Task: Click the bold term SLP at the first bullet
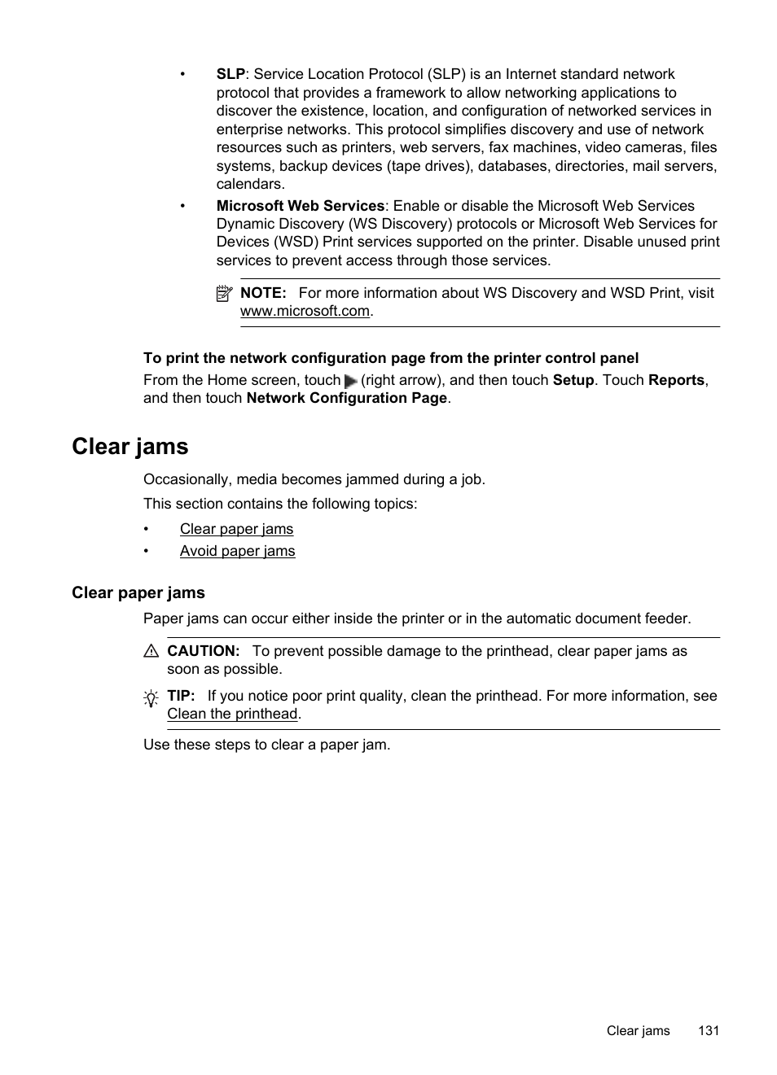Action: tap(230, 74)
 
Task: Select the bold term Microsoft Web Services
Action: tap(300, 206)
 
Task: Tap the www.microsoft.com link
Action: tap(305, 311)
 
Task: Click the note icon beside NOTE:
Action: tap(225, 294)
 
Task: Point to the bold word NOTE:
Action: tap(263, 293)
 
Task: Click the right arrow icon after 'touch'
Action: tap(351, 381)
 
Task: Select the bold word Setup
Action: tap(573, 380)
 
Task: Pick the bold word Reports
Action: tap(676, 380)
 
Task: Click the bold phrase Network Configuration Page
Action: tap(346, 398)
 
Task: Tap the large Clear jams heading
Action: tap(130, 446)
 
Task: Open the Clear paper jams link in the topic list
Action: tap(236, 529)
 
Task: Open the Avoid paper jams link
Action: tap(237, 551)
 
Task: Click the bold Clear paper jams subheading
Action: tap(138, 592)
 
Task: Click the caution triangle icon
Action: tap(151, 651)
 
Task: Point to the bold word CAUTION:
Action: tap(204, 651)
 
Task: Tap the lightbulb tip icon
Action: tap(151, 698)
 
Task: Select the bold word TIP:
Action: tap(181, 696)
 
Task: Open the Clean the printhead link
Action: tap(232, 714)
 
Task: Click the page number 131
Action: tap(708, 1030)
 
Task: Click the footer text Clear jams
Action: tap(638, 1030)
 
